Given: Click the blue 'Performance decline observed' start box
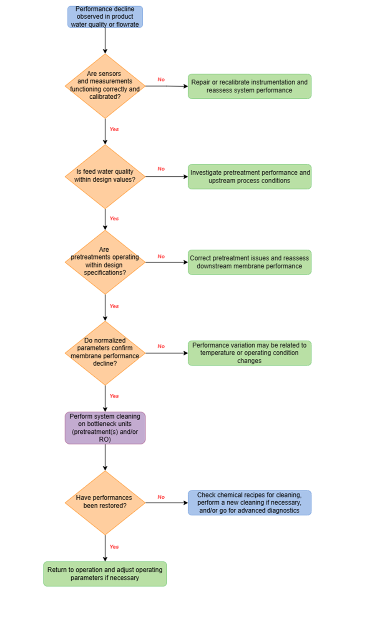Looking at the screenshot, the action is [x=105, y=17].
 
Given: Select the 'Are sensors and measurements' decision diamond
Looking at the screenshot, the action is [x=105, y=86].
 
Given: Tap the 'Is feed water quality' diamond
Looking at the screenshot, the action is [x=105, y=177].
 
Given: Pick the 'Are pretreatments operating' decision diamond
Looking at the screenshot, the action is [x=105, y=262].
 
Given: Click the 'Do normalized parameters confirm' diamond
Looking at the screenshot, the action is [x=105, y=353].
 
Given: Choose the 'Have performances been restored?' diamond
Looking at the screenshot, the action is [x=105, y=503].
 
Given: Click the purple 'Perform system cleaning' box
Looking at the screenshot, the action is [x=105, y=428].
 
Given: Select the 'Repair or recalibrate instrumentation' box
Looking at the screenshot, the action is [x=249, y=86].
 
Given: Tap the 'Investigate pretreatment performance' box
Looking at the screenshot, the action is [x=249, y=177].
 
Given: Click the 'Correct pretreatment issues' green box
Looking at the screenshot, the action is [x=249, y=262].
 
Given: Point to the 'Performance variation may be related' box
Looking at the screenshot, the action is [x=249, y=353].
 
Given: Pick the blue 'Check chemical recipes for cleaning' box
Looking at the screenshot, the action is [x=249, y=503].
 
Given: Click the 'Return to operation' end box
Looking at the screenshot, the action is [x=105, y=574].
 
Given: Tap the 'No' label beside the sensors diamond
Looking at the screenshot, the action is [x=161, y=80].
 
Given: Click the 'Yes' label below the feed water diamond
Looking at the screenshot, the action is [x=114, y=218].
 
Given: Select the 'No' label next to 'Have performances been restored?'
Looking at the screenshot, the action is [x=161, y=497].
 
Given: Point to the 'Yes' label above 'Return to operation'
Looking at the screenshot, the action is [x=114, y=547].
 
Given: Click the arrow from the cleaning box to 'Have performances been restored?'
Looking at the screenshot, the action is [x=105, y=457].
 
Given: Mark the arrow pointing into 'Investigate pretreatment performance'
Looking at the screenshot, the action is [x=167, y=177].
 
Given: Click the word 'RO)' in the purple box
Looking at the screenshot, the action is [x=105, y=439].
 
